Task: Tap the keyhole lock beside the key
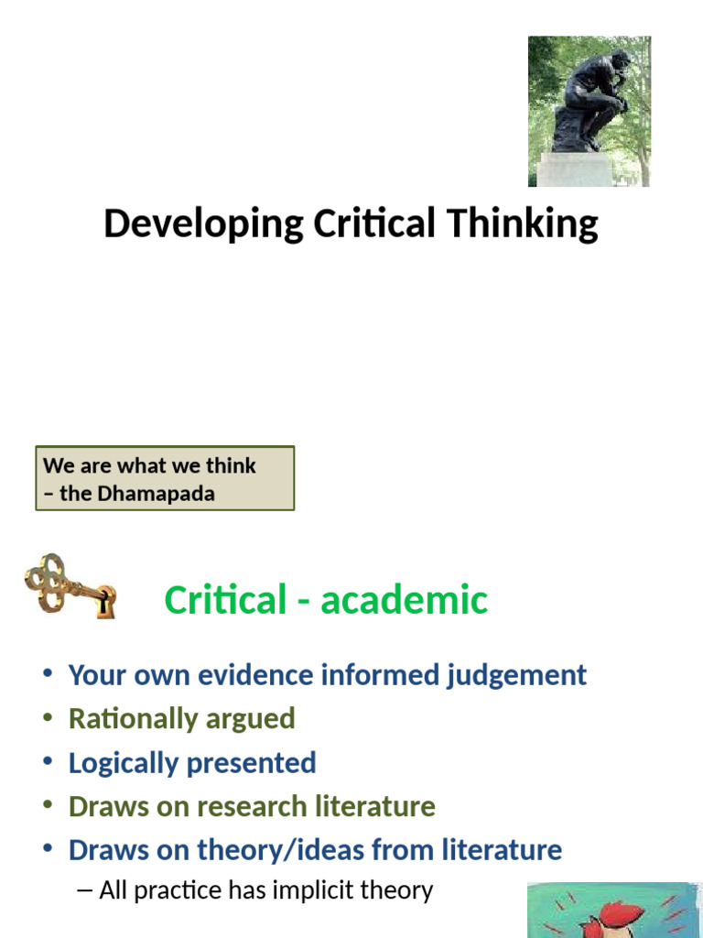[x=105, y=601]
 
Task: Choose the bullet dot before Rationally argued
[x=48, y=719]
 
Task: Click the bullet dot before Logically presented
[x=48, y=763]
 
